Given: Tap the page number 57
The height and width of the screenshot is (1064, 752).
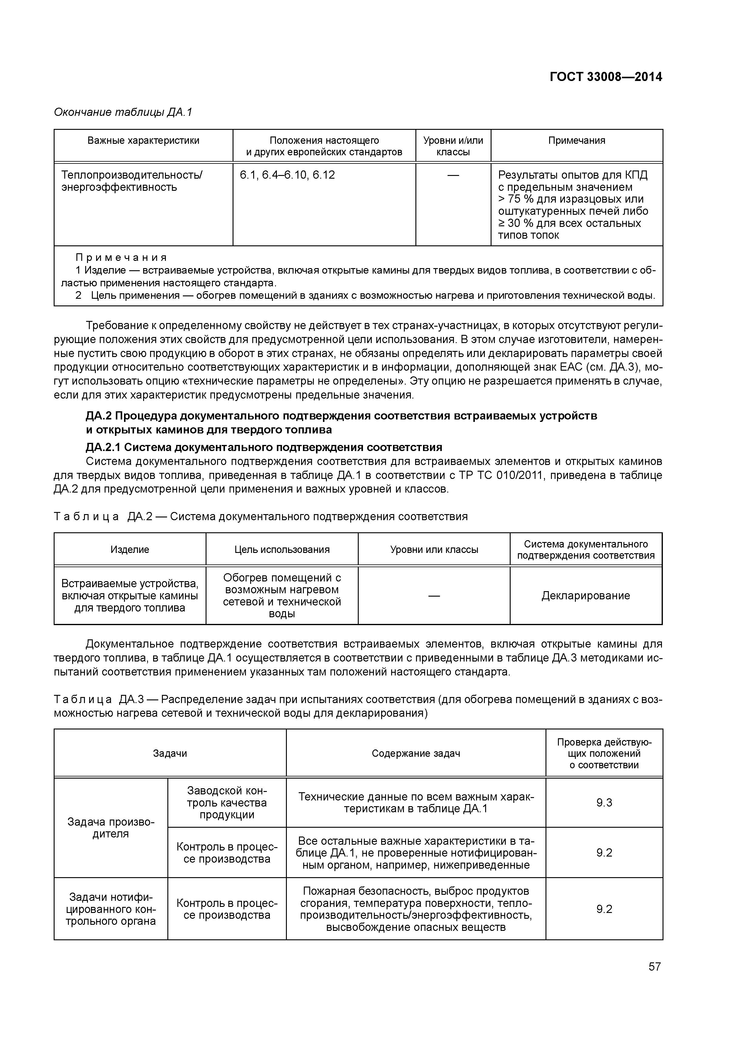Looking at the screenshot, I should (x=654, y=967).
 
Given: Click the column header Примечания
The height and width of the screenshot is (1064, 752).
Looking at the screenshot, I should (x=576, y=140).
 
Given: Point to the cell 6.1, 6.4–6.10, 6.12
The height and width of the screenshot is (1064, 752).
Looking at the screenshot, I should (x=287, y=175).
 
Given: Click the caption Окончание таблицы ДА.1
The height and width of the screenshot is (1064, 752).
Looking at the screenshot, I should (x=123, y=112).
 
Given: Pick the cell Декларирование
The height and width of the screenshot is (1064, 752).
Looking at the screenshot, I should (x=586, y=595).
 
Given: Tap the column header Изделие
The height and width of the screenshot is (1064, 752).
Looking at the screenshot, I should (x=130, y=550).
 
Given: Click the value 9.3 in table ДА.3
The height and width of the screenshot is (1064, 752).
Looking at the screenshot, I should (x=604, y=803).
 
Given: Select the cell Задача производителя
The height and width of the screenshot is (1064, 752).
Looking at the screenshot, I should (x=111, y=828).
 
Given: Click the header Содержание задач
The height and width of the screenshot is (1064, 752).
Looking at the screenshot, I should (x=416, y=753).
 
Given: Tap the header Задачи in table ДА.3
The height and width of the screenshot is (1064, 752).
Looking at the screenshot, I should (x=170, y=753).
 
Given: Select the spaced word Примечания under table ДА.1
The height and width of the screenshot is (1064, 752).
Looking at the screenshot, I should (x=121, y=258).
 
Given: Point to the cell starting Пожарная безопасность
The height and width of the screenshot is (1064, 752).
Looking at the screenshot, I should (x=416, y=909).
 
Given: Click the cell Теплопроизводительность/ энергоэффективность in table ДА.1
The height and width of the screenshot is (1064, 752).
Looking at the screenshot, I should (x=132, y=181).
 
